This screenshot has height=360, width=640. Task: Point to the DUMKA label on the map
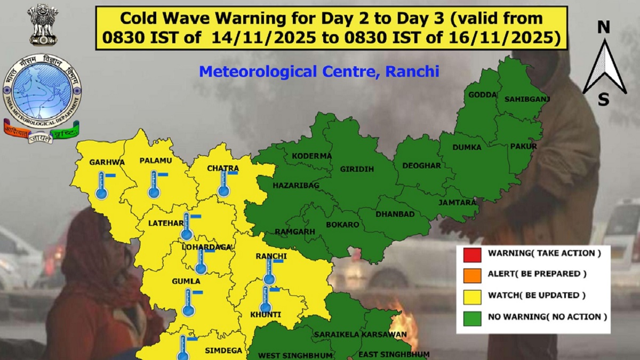pyautogui.click(x=467, y=147)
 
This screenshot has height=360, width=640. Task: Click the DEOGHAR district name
pyautogui.click(x=421, y=165)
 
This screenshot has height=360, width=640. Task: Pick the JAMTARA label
pyautogui.click(x=457, y=203)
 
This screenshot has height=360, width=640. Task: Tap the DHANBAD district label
pyautogui.click(x=395, y=214)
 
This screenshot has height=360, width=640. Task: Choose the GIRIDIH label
pyautogui.click(x=357, y=169)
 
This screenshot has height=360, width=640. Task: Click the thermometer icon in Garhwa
pyautogui.click(x=102, y=187)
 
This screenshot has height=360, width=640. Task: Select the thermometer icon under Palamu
pyautogui.click(x=154, y=185)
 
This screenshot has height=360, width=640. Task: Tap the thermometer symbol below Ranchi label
pyautogui.click(x=269, y=273)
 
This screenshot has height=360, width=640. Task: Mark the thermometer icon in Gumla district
pyautogui.click(x=188, y=303)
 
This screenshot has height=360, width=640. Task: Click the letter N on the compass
pyautogui.click(x=604, y=28)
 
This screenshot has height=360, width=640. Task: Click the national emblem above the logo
pyautogui.click(x=43, y=24)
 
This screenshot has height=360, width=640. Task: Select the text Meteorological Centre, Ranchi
pyautogui.click(x=319, y=71)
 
